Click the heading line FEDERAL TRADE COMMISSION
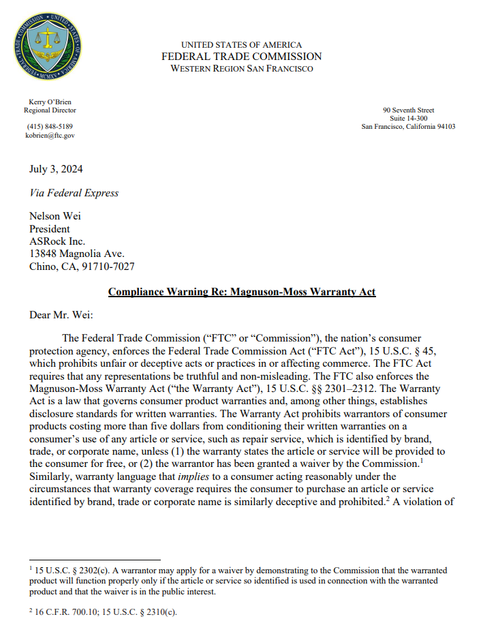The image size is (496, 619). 242,57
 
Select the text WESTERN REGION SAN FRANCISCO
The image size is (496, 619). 242,69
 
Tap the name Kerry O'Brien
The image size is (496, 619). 50,102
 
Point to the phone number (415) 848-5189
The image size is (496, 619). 50,126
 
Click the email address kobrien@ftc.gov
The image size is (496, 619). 50,135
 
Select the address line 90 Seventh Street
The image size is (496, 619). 408,110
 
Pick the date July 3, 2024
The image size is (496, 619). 56,169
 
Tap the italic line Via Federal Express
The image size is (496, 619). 74,193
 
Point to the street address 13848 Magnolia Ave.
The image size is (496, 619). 76,254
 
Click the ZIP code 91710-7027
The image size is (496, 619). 111,266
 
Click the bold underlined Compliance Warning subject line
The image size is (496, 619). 242,292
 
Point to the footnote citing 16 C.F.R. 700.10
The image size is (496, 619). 102,612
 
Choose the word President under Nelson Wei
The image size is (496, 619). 49,229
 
